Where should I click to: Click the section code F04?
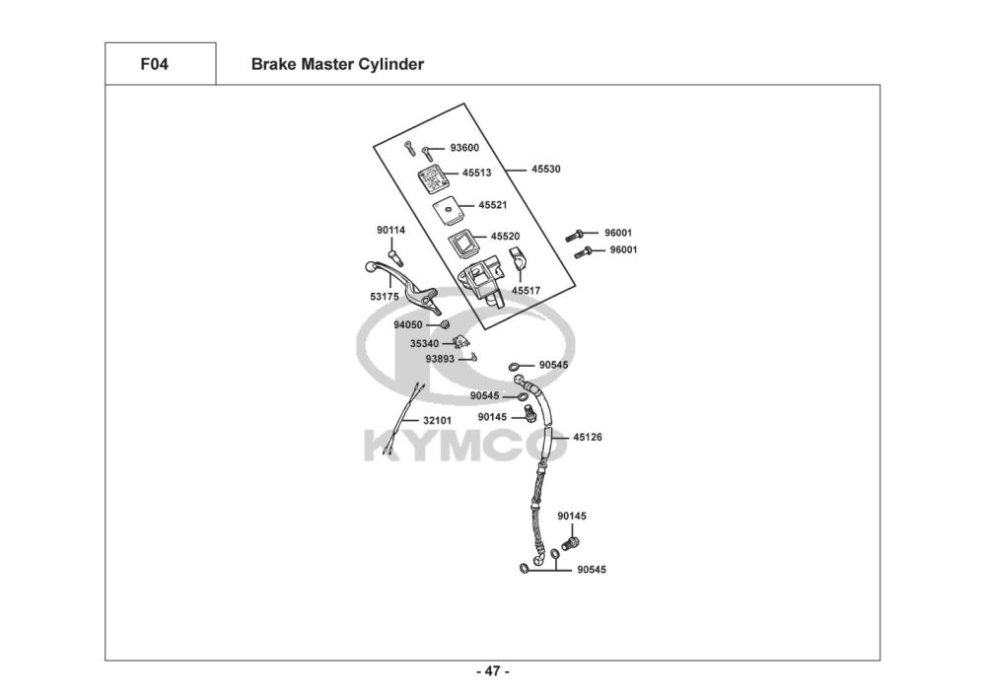(155, 64)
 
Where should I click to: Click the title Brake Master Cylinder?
(337, 64)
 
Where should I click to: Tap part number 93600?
(463, 148)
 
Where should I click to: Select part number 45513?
(476, 173)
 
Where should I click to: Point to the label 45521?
(493, 205)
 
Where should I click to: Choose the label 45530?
(545, 170)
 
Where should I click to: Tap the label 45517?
(526, 291)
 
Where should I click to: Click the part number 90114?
(390, 231)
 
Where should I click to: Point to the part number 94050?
(407, 324)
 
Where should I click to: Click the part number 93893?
(440, 359)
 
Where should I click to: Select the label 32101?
(438, 420)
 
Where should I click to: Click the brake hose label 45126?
(587, 436)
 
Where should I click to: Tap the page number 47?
(492, 672)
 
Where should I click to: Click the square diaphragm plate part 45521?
(448, 209)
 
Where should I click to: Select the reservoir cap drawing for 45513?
(431, 178)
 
